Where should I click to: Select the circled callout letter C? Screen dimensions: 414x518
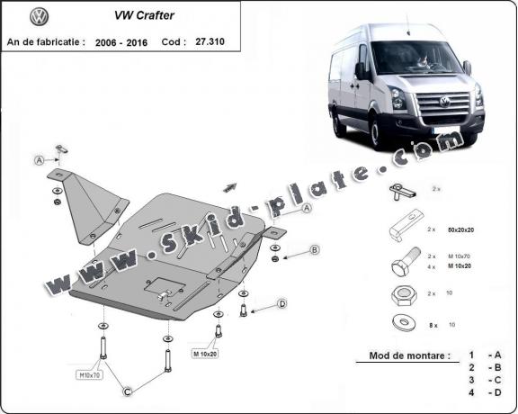(128, 391)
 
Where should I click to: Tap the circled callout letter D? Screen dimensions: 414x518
(281, 305)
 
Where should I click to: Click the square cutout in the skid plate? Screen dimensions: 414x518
(163, 290)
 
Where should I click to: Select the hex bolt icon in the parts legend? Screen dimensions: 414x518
(403, 263)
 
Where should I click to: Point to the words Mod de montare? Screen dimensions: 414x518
(409, 355)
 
